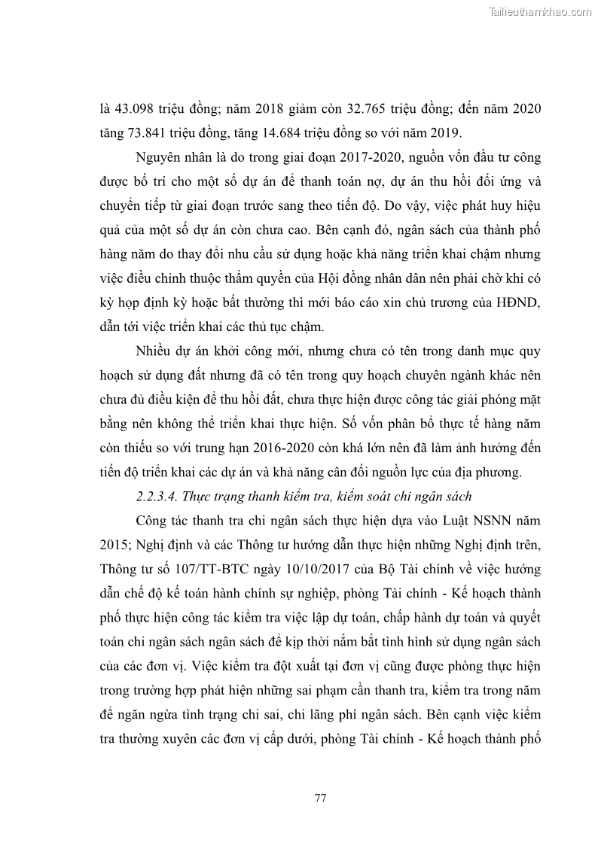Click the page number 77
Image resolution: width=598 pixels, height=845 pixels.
click(x=319, y=798)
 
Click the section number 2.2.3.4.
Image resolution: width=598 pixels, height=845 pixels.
click(x=158, y=497)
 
